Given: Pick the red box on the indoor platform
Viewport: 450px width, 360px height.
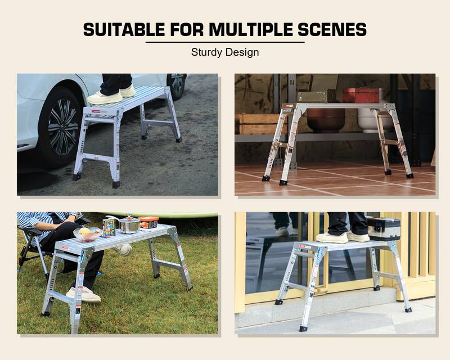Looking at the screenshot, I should coord(361,95).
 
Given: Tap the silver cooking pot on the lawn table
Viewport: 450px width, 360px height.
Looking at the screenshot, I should coord(129,224).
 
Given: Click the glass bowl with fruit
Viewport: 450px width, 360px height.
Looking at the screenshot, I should coord(88,233).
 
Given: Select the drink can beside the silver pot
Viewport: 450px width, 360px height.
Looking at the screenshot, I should coord(109,228).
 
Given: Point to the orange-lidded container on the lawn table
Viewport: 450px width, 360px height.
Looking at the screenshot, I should coord(148,222).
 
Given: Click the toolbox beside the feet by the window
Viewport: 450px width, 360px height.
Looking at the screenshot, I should coord(385,228).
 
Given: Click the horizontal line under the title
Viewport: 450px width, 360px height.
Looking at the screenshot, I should coord(225,42).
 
